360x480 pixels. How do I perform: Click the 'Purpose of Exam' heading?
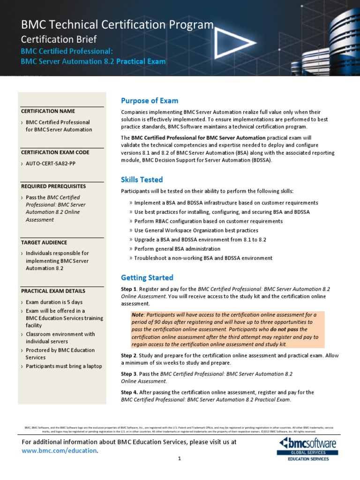[150, 101]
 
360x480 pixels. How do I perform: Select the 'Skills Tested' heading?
[142, 180]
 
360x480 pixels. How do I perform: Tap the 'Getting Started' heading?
[147, 277]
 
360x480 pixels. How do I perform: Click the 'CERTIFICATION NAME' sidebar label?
[48, 111]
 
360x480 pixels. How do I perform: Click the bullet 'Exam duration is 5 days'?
[54, 302]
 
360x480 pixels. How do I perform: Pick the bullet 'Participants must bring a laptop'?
[64, 366]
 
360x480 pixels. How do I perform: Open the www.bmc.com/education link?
[60, 450]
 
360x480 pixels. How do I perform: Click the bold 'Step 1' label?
[129, 289]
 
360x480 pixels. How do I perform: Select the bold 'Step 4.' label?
[130, 392]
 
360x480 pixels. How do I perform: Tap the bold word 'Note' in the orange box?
[138, 315]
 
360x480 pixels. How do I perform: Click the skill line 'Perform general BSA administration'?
[177, 249]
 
